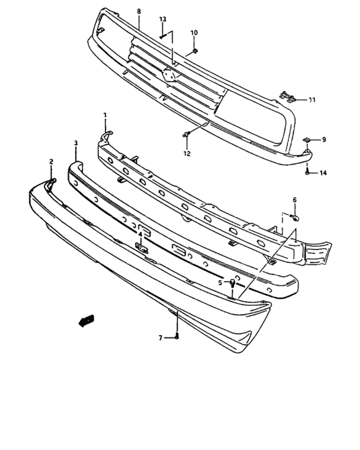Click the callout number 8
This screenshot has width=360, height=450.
click(138, 12)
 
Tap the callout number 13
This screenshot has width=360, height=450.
click(162, 20)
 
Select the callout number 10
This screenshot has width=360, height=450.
click(194, 32)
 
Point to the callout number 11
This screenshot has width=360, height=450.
click(312, 100)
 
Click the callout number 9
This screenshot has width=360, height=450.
click(324, 139)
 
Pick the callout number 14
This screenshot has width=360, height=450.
click(323, 173)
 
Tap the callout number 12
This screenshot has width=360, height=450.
click(187, 154)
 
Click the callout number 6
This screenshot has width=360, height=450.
click(295, 200)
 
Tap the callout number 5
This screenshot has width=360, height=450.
click(220, 282)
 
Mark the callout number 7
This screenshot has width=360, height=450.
click(161, 337)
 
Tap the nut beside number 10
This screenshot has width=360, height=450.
click(195, 51)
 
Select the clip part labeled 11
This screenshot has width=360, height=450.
click(289, 98)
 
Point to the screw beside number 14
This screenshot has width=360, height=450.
click(308, 172)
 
